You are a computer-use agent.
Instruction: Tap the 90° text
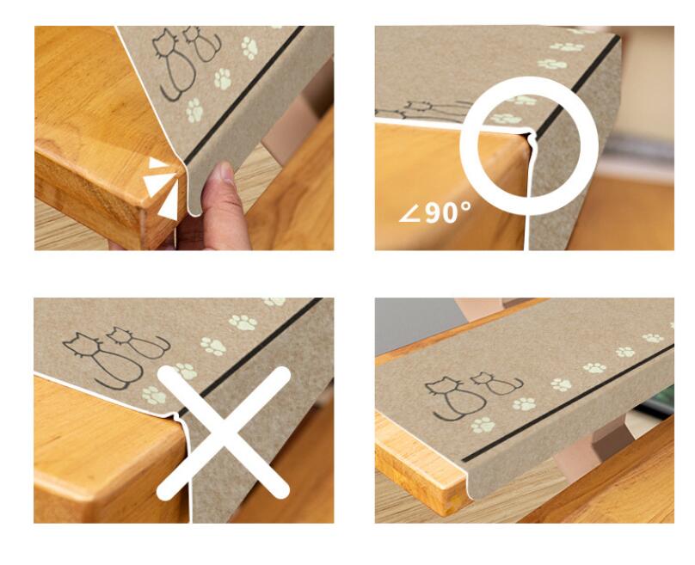(447, 212)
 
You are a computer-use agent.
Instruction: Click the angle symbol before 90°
(410, 215)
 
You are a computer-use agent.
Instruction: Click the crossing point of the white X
(224, 433)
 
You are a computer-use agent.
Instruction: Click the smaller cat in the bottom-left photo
(138, 342)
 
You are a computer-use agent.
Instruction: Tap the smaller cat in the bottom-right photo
(496, 384)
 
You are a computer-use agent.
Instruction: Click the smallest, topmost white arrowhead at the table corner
(157, 163)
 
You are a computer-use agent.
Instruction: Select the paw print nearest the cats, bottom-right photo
(483, 425)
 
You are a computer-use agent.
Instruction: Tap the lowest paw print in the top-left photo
(194, 110)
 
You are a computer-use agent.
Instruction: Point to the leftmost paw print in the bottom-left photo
(154, 396)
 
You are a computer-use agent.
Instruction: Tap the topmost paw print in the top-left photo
(249, 48)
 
